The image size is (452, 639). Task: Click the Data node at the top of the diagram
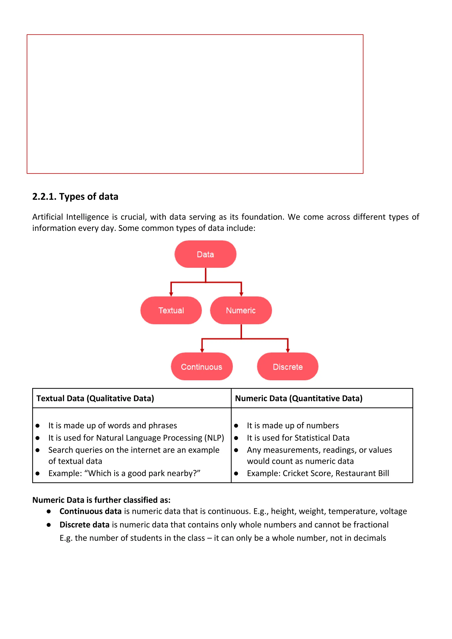click(205, 254)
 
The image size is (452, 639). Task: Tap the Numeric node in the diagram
click(241, 310)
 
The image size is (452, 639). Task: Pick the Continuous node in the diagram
click(202, 367)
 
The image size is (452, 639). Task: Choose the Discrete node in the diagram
click(288, 367)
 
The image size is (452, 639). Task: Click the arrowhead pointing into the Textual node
click(171, 294)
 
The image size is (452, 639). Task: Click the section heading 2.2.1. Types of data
click(75, 196)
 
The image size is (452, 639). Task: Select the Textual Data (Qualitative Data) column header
click(95, 398)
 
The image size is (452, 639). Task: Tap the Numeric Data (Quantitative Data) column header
click(299, 398)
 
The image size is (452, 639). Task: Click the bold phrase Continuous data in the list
click(90, 511)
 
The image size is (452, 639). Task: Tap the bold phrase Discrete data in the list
click(84, 525)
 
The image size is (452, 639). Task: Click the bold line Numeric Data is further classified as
click(101, 500)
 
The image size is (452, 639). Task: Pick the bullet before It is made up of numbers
click(236, 426)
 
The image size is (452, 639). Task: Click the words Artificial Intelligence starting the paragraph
click(70, 217)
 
